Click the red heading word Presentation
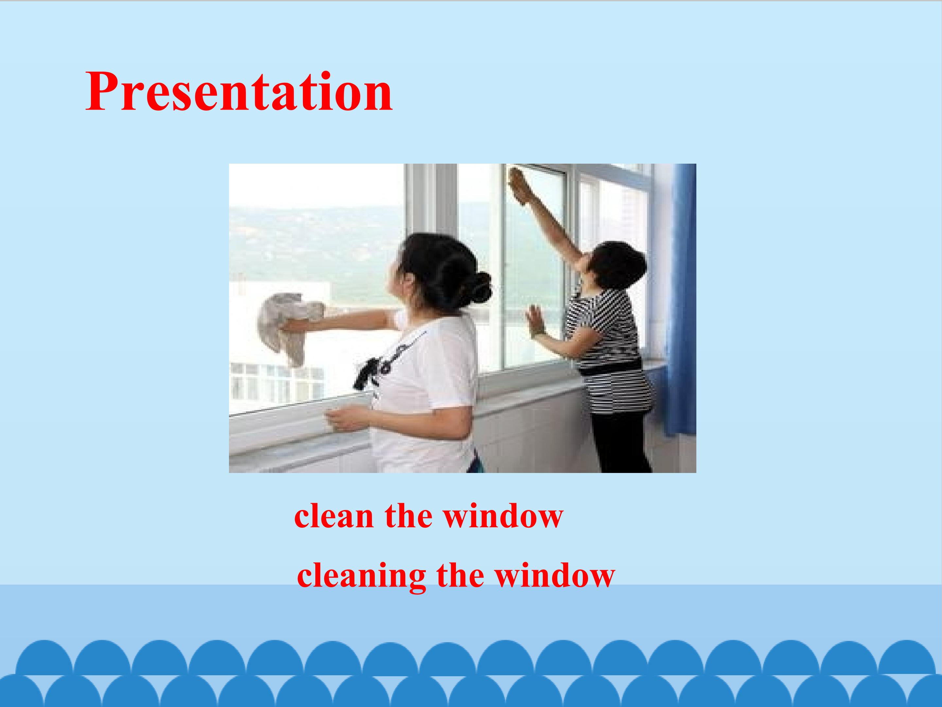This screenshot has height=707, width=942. pyautogui.click(x=239, y=92)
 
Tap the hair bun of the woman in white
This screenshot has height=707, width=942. pyautogui.click(x=477, y=288)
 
